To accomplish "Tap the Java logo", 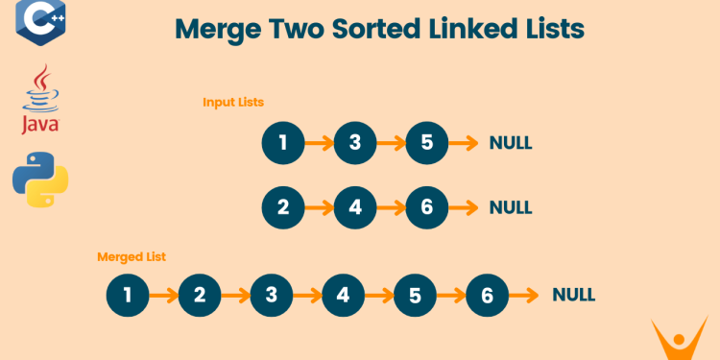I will [40, 99].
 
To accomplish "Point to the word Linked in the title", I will [452, 29].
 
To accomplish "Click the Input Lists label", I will [233, 102].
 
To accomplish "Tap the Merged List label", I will [132, 256].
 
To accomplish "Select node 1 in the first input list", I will [283, 144].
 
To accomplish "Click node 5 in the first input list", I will [427, 144].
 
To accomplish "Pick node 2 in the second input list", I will [283, 207].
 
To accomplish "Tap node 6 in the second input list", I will [427, 207].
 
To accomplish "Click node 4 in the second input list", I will [355, 207].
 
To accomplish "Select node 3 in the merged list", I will [272, 296].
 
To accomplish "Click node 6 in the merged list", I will [488, 296].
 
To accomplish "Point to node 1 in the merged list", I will [128, 296].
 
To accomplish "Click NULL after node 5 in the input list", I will [511, 144].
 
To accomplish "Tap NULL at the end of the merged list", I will [573, 296].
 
